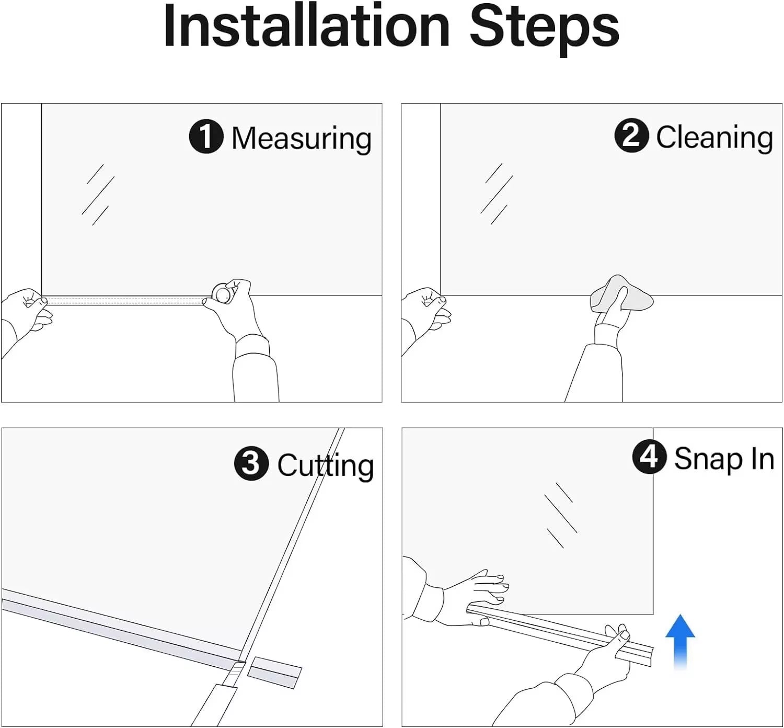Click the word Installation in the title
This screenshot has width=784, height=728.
tap(307, 26)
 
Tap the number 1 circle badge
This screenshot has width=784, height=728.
tap(206, 136)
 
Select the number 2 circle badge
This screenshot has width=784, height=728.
tap(631, 135)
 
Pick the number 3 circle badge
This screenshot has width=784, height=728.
tap(251, 463)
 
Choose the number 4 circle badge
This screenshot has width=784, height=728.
tap(649, 457)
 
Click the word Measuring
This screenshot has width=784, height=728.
tap(302, 139)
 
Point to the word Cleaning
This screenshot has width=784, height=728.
tap(714, 138)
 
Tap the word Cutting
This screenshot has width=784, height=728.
tap(325, 465)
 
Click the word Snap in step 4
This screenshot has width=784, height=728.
tap(708, 460)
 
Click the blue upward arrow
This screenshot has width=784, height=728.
tap(680, 642)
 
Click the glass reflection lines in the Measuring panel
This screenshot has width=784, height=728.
tap(98, 195)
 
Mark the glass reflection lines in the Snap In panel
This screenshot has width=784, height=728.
tap(561, 515)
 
